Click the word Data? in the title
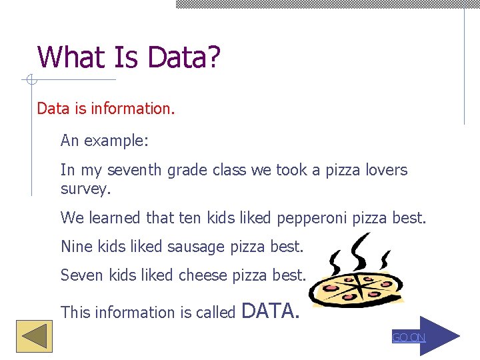[x=183, y=57]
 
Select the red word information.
[x=136, y=108]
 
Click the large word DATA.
[x=270, y=310]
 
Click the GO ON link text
[x=408, y=338]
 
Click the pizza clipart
[x=359, y=280]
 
